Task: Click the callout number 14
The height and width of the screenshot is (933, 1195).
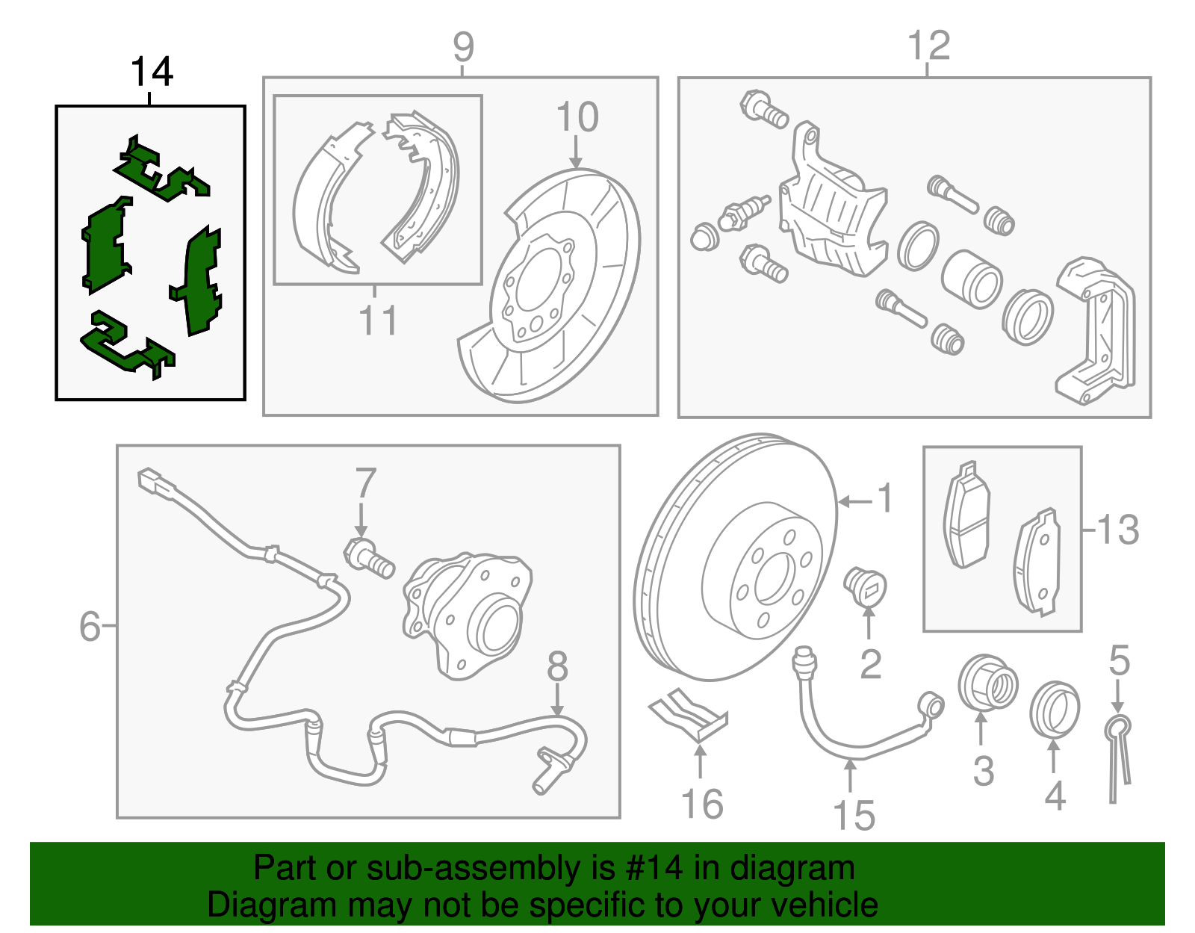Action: tap(152, 72)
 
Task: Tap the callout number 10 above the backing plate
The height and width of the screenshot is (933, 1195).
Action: tap(577, 117)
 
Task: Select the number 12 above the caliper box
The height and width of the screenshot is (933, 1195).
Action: tap(928, 46)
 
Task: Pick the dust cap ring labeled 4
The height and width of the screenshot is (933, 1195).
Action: tap(1054, 708)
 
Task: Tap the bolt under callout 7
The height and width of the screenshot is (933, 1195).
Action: tap(368, 557)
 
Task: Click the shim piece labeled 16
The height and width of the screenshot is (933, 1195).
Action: tap(688, 715)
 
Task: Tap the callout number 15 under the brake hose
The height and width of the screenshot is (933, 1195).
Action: tap(854, 815)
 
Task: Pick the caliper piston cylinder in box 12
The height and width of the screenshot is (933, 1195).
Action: tap(971, 279)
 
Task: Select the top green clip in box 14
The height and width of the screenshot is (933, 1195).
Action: tap(161, 173)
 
